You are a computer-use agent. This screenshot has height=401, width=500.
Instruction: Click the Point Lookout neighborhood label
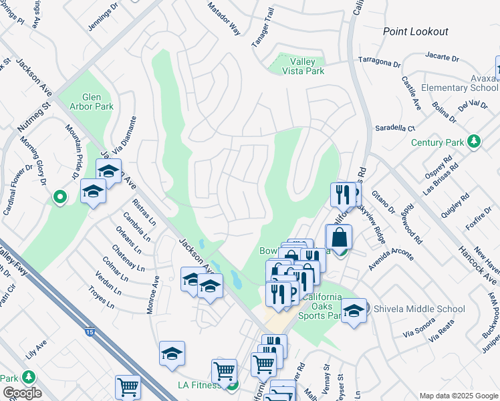[x=415, y=31]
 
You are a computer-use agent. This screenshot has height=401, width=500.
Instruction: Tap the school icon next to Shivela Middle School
[x=354, y=309]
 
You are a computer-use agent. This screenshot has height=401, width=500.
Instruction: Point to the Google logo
[x=22, y=393]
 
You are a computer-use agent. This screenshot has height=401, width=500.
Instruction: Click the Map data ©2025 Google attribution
[x=459, y=396]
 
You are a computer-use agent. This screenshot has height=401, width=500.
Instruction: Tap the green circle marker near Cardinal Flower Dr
[x=59, y=196]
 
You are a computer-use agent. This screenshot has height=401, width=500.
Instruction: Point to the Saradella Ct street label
[x=394, y=128]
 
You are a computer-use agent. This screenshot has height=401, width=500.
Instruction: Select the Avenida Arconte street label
[x=390, y=259]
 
